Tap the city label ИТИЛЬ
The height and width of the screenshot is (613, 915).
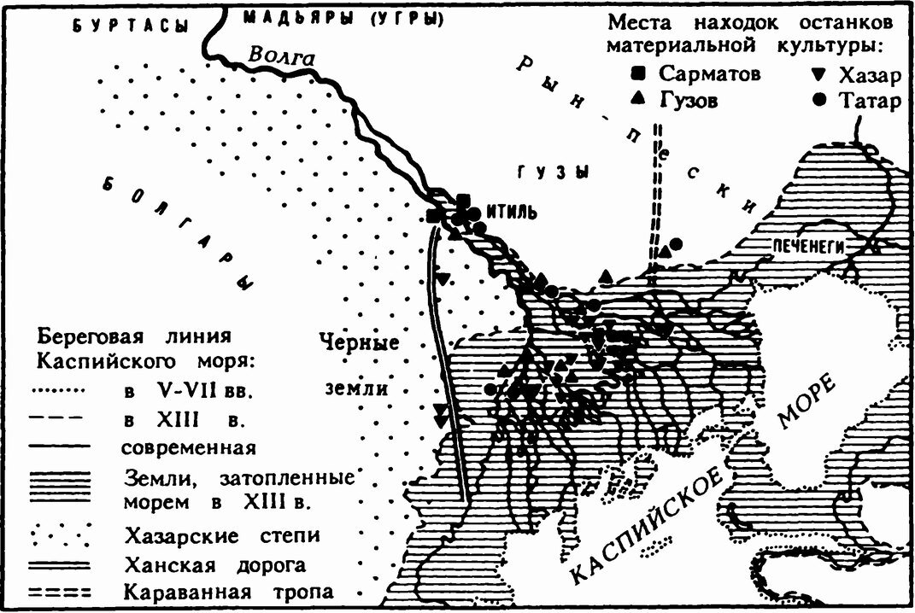click(x=510, y=211)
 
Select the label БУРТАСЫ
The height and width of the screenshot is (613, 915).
click(x=129, y=26)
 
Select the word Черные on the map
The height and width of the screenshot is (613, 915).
click(x=360, y=343)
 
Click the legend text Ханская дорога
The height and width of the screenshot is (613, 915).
click(x=214, y=563)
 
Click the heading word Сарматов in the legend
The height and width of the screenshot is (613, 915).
click(x=709, y=74)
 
